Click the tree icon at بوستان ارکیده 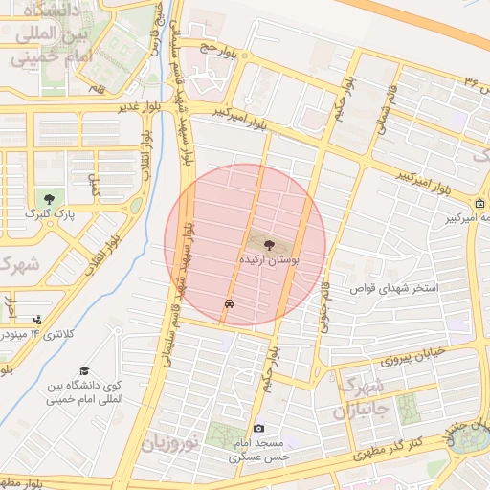click(267, 245)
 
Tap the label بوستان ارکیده click(268, 260)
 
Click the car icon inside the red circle click(229, 303)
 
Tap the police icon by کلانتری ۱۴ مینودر click(37, 320)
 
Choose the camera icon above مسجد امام click(258, 429)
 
